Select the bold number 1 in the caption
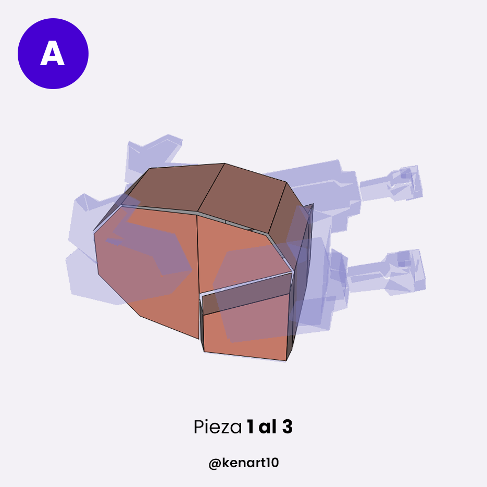tap(251, 427)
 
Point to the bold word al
tap(267, 427)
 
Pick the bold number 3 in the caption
tap(288, 427)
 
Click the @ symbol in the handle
tap(215, 464)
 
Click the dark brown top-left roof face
tap(169, 189)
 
